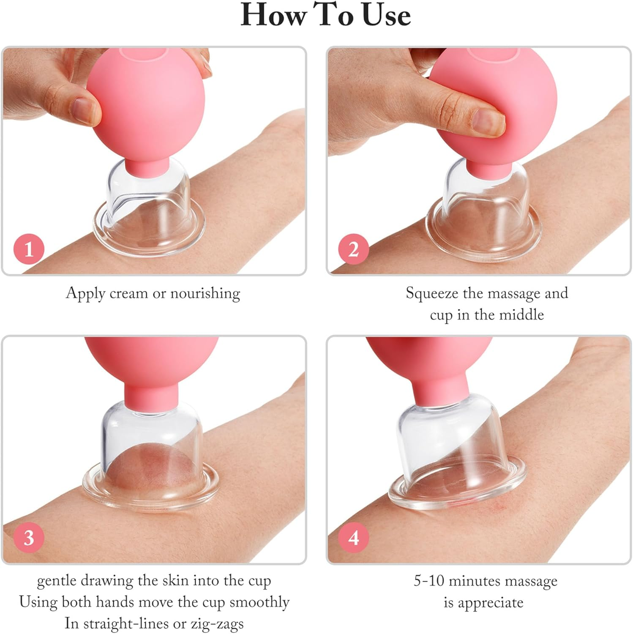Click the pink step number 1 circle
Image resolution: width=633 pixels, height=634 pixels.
[x=29, y=249]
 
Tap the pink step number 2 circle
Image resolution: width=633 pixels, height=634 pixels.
[x=354, y=249]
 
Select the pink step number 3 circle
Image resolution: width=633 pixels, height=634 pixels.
[x=29, y=538]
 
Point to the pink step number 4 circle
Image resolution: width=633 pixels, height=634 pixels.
[x=354, y=538]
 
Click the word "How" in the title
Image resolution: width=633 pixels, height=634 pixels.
[x=273, y=16]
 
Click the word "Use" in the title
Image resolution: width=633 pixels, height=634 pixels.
[x=386, y=16]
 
